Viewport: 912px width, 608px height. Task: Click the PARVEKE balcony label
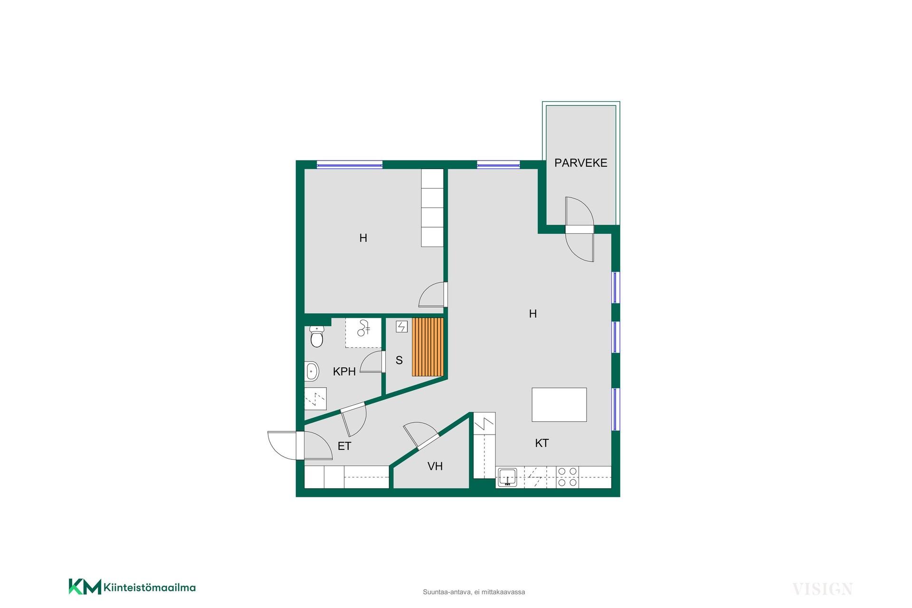coord(580,163)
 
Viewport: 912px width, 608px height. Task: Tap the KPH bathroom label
coord(344,371)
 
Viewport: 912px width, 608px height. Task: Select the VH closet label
coord(435,466)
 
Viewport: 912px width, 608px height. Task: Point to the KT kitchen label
coord(542,443)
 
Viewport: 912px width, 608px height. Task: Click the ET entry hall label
coord(344,446)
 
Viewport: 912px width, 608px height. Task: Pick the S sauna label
coord(399,361)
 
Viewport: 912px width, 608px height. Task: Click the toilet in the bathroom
coord(316,336)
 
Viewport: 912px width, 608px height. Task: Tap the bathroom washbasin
coord(312,371)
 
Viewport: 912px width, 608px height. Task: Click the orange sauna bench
coord(427,347)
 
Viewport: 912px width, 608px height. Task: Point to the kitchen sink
coord(508,477)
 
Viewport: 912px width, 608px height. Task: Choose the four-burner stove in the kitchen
coord(567,477)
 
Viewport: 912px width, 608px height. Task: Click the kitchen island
coord(559,405)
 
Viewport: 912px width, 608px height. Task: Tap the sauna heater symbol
coord(402,326)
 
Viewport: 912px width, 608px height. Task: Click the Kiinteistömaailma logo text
coord(149,588)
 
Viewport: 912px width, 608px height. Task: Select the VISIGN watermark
coord(822,589)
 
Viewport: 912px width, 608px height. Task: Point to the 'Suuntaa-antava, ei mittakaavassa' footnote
coord(474,592)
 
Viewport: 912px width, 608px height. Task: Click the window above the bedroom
coord(350,165)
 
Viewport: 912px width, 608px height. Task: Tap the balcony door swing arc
coord(580,229)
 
